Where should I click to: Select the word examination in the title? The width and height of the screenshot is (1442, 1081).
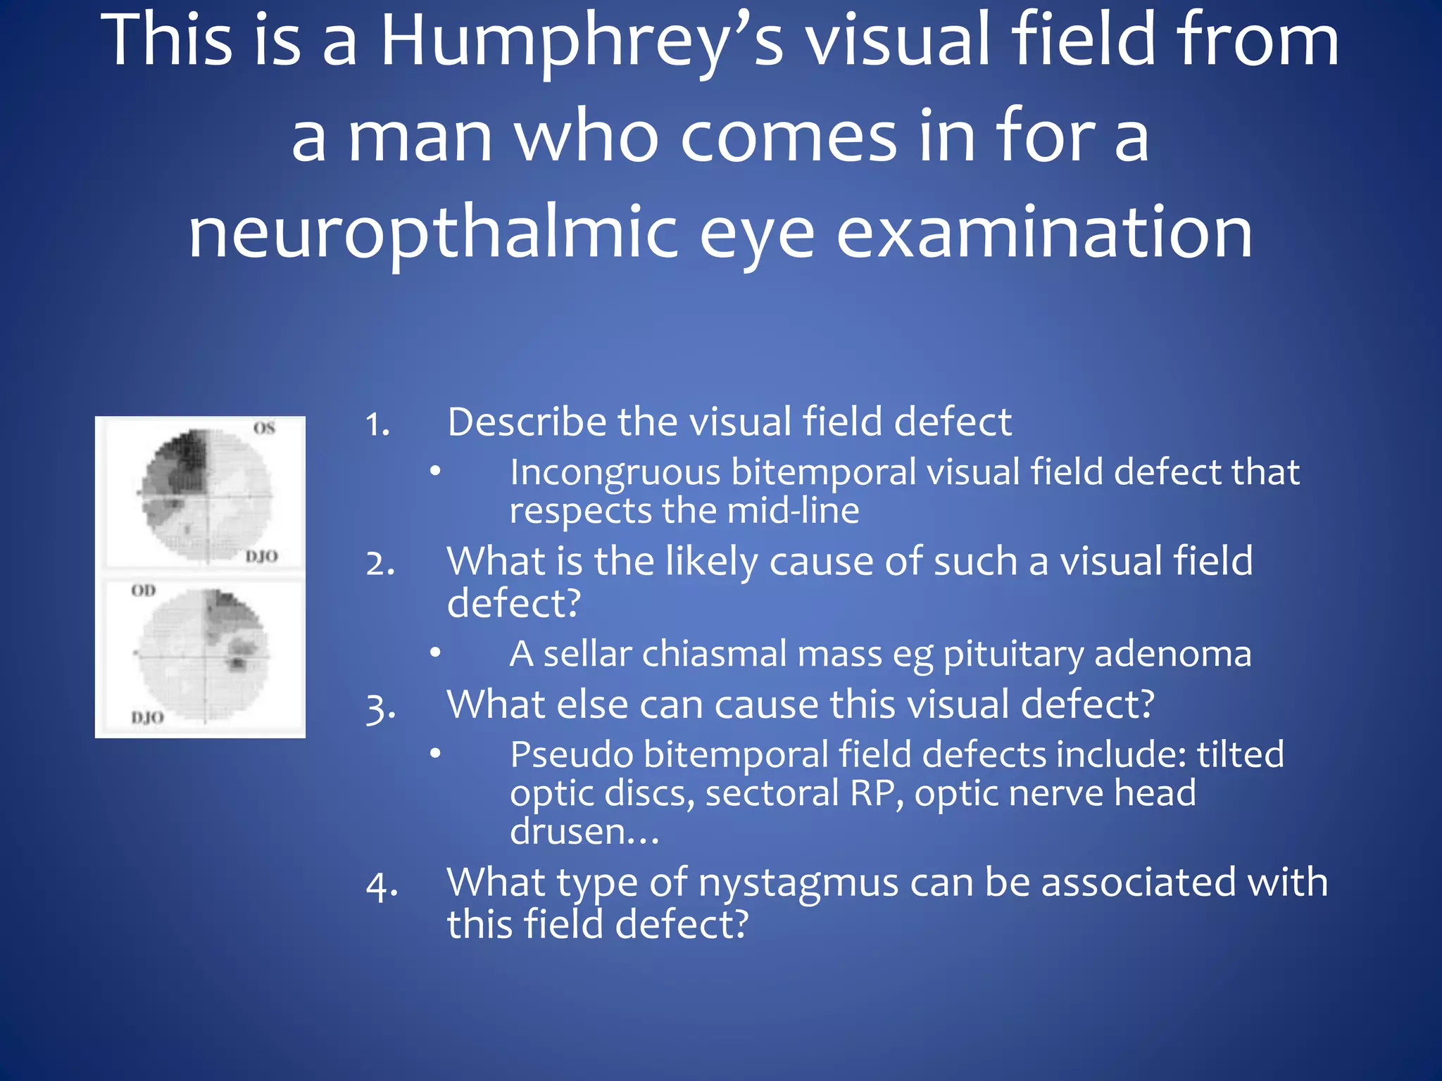(1044, 232)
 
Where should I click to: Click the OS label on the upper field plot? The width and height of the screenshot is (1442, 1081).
(264, 428)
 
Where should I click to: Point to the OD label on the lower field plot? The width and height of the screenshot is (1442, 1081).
(143, 590)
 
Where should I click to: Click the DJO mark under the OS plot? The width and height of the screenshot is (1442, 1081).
(261, 556)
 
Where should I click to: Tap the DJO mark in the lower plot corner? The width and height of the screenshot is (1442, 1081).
(147, 717)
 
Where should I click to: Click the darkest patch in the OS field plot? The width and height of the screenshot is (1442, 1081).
(189, 450)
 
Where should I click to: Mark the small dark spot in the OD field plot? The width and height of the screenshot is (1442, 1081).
(237, 662)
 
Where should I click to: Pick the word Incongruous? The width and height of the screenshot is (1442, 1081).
(615, 472)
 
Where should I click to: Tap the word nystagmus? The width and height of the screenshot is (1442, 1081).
(798, 883)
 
